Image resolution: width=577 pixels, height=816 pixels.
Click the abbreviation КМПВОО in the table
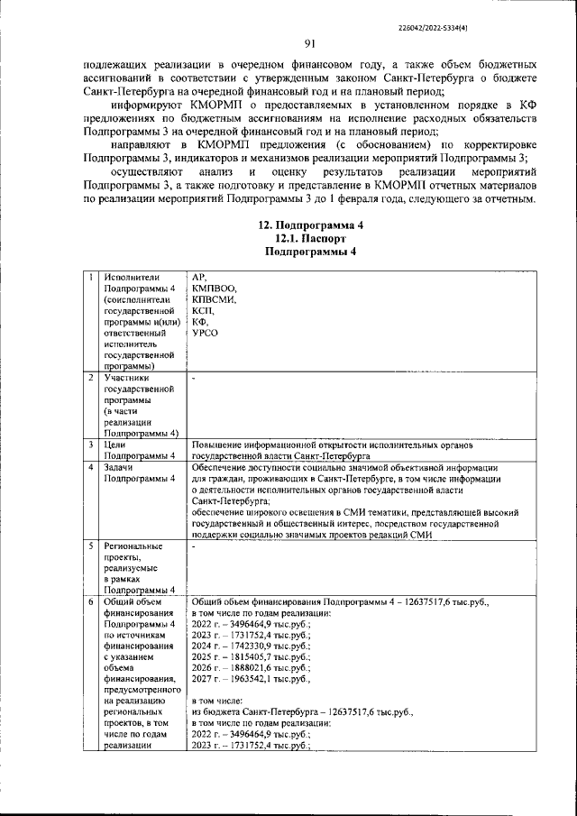tap(214, 288)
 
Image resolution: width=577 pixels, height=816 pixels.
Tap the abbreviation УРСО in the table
tap(206, 333)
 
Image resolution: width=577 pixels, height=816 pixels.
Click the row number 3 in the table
tap(91, 445)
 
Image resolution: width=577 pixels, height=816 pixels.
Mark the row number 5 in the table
tap(91, 546)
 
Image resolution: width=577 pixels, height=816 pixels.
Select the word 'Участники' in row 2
tap(127, 379)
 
